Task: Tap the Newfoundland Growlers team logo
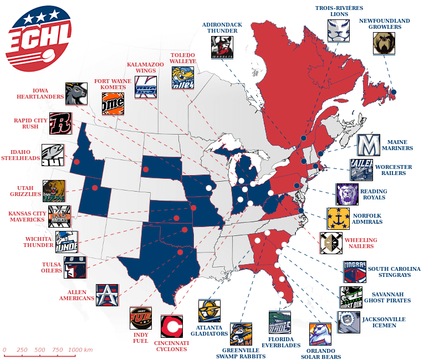[x=384, y=43]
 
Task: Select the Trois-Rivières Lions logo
[x=339, y=30]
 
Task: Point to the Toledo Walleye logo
[x=182, y=78]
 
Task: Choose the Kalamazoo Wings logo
[x=146, y=87]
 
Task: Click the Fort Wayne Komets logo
[x=113, y=103]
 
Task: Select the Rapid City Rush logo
[x=60, y=124]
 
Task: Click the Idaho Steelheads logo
[x=53, y=155]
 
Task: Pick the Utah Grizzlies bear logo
[x=54, y=191]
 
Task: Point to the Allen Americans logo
[x=107, y=295]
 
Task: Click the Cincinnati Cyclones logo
[x=172, y=326]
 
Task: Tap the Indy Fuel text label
[x=141, y=337]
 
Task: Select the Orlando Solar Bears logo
[x=320, y=334]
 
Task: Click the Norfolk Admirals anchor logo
[x=338, y=219]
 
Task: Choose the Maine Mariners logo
[x=368, y=145]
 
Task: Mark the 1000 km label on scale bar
[x=80, y=350]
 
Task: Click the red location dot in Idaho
[x=77, y=162]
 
